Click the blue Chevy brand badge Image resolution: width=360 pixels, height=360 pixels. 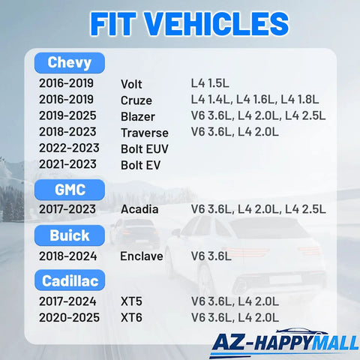click(70, 63)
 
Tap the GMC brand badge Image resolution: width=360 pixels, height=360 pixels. click(70, 190)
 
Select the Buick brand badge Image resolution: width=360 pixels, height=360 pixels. click(70, 235)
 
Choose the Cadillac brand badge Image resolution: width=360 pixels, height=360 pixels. click(70, 280)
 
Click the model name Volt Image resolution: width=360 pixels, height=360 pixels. click(131, 84)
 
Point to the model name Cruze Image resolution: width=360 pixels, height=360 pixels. click(136, 100)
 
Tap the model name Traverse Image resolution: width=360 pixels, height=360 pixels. click(145, 133)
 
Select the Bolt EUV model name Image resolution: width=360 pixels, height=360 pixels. click(145, 149)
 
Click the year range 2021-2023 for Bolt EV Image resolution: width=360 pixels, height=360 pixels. click(67, 164)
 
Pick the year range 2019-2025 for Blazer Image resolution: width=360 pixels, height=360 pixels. click(67, 115)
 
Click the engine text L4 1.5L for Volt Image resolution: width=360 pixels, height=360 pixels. click(210, 83)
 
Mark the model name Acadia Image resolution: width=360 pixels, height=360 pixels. click(139, 209)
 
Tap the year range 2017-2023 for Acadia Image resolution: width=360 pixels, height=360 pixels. click(67, 209)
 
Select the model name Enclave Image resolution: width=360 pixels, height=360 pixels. click(142, 256)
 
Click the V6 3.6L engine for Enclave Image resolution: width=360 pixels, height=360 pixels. click(211, 256)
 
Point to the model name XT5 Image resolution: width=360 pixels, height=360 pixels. click(131, 301)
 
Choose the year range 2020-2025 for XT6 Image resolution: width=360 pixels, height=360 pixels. click(69, 317)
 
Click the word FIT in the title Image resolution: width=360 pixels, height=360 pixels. click(113, 24)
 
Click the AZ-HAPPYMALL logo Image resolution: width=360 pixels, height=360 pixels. click(284, 343)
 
